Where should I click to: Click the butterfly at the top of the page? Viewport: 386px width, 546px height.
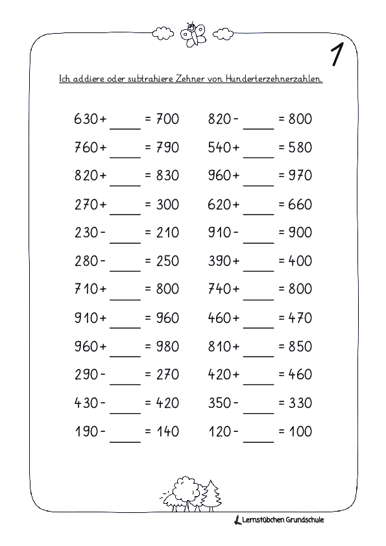click(x=193, y=32)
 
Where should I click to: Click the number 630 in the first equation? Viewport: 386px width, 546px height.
click(x=87, y=119)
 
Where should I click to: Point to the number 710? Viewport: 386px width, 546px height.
click(x=87, y=290)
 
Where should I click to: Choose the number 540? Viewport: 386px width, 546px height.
click(x=219, y=148)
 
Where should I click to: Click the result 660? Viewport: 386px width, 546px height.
click(x=298, y=205)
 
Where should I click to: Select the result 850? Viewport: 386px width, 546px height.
click(x=298, y=346)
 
